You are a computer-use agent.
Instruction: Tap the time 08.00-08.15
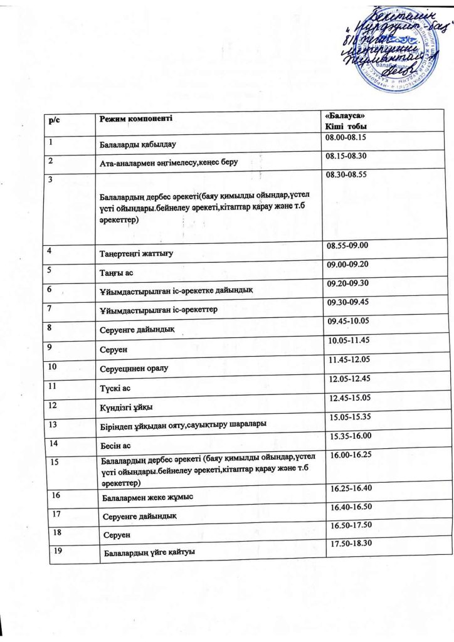point(346,136)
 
